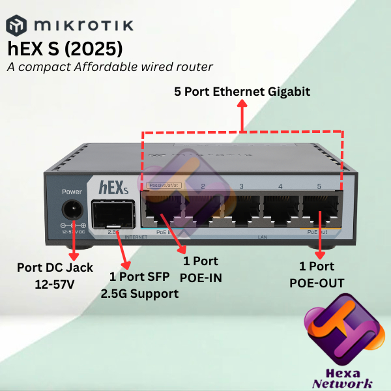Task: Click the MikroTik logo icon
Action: pyautogui.click(x=17, y=25)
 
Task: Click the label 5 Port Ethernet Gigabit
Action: pyautogui.click(x=242, y=91)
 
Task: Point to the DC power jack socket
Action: pyautogui.click(x=72, y=211)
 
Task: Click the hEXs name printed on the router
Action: pyautogui.click(x=110, y=186)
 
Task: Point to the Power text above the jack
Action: pyautogui.click(x=72, y=192)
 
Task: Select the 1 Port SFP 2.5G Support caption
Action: pyautogui.click(x=139, y=285)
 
